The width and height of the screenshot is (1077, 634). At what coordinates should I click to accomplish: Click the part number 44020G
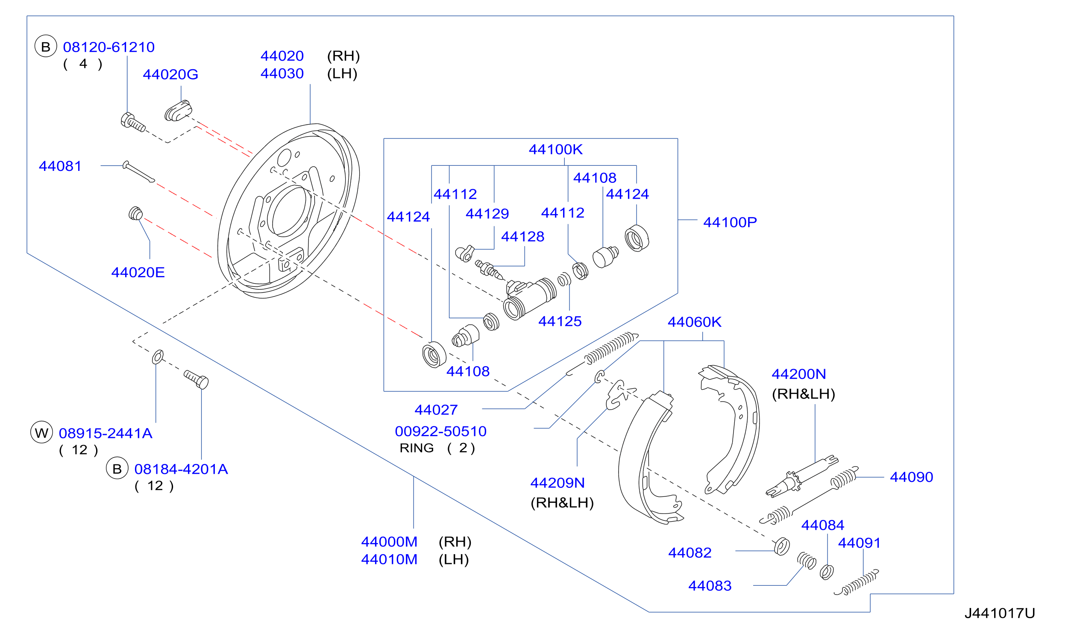coord(170,74)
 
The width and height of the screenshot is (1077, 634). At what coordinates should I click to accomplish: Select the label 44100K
coord(556,149)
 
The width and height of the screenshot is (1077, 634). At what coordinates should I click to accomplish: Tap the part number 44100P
coord(730,222)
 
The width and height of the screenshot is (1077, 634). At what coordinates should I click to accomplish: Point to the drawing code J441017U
coord(1000,613)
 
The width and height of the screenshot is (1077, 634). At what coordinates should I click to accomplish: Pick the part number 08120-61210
coord(109,47)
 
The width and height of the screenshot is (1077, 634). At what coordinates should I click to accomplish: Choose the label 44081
coord(60,166)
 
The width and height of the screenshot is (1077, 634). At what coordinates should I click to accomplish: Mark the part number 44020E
coord(138,272)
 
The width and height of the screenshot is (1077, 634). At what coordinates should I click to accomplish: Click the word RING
coord(417,448)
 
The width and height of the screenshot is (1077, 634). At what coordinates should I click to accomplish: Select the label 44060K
coord(695,322)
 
